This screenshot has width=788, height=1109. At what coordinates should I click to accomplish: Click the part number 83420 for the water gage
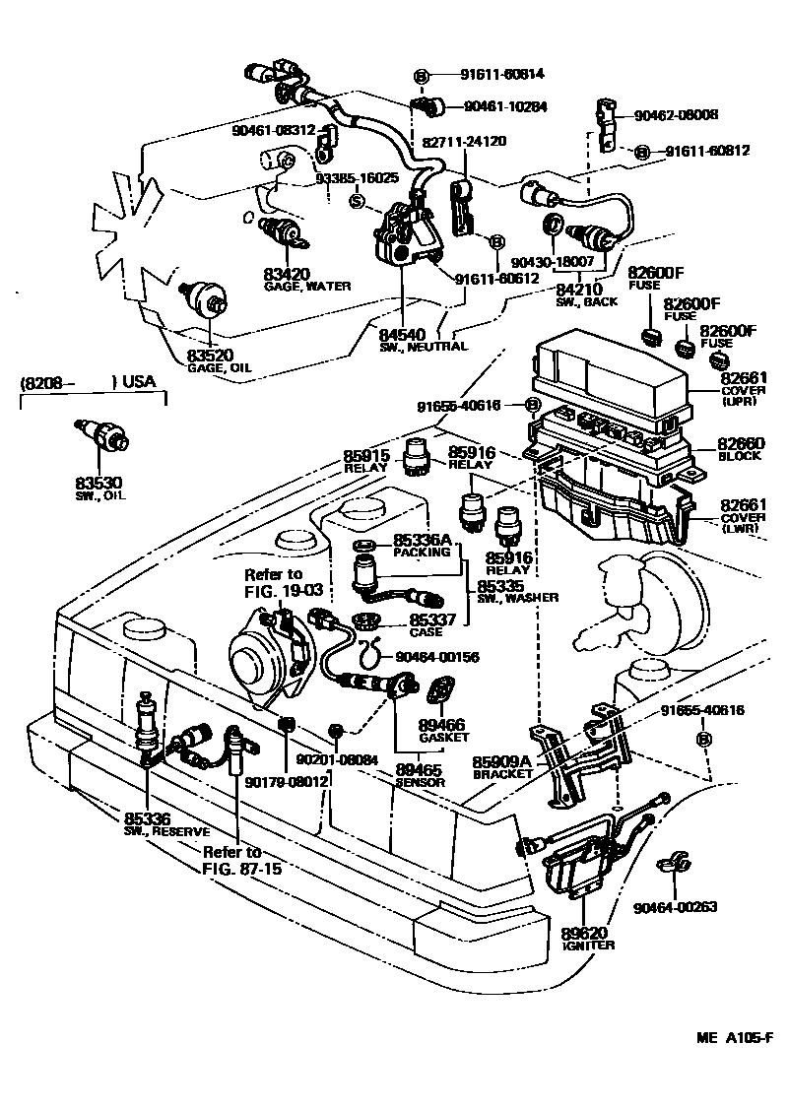(286, 274)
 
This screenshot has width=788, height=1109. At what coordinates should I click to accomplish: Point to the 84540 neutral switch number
(404, 335)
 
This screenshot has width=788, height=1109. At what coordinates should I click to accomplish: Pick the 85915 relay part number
(369, 457)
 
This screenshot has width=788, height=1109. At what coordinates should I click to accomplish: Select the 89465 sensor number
(420, 769)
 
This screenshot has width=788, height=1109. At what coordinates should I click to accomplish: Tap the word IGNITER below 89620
(590, 946)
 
